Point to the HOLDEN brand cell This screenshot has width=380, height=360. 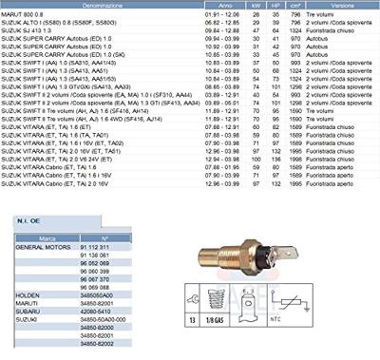click(28, 294)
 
